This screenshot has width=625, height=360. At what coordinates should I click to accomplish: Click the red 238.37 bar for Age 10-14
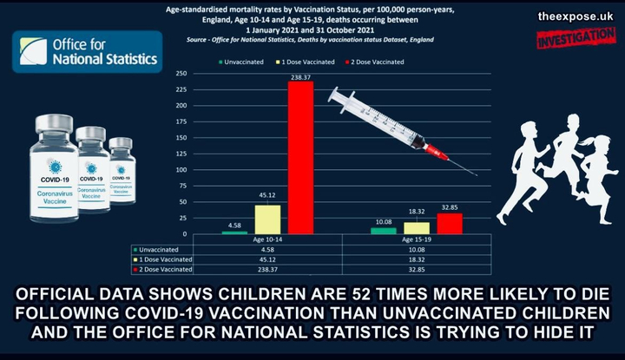[300, 156]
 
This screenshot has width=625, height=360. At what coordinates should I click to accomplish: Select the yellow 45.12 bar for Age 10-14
[267, 219]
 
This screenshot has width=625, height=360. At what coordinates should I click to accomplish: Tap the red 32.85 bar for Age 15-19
[450, 224]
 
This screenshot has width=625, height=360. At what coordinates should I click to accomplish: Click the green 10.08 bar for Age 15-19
[383, 231]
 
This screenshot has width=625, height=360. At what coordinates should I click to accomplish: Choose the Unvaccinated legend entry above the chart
[246, 62]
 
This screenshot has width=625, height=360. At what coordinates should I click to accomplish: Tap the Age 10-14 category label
[267, 240]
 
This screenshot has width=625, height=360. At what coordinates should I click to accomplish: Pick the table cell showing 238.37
[267, 269]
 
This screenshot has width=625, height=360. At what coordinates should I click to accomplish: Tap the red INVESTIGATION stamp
[576, 37]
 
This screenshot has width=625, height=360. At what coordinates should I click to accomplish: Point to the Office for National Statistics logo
[87, 51]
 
